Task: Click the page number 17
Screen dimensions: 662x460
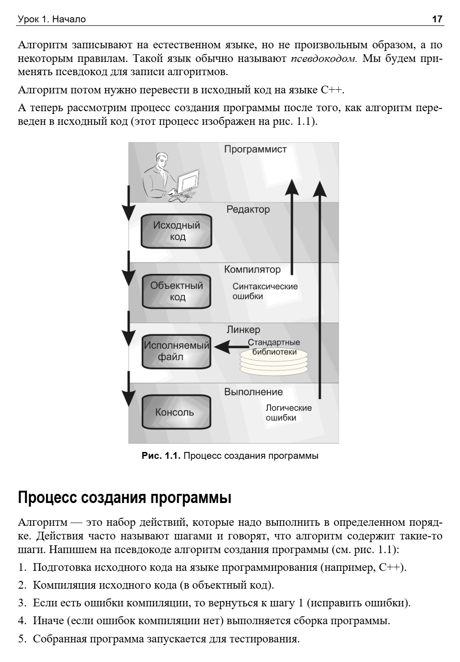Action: click(437, 19)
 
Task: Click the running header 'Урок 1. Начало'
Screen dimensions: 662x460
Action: click(51, 19)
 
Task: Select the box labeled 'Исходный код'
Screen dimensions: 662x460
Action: click(177, 231)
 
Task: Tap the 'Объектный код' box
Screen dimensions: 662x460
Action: click(177, 291)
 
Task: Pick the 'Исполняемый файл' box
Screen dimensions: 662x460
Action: click(177, 351)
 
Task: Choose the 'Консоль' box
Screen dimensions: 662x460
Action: click(177, 412)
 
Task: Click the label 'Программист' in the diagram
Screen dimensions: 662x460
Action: click(255, 149)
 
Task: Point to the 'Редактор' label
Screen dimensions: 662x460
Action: click(248, 210)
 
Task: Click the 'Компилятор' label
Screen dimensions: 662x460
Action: click(252, 270)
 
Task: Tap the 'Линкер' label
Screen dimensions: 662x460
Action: click(243, 330)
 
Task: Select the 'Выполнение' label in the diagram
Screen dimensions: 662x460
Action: click(253, 392)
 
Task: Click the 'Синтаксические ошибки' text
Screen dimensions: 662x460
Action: click(265, 291)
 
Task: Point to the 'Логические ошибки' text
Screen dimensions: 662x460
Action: click(288, 412)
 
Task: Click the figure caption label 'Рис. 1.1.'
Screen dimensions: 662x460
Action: click(162, 456)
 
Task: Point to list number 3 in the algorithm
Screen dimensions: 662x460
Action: click(21, 603)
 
